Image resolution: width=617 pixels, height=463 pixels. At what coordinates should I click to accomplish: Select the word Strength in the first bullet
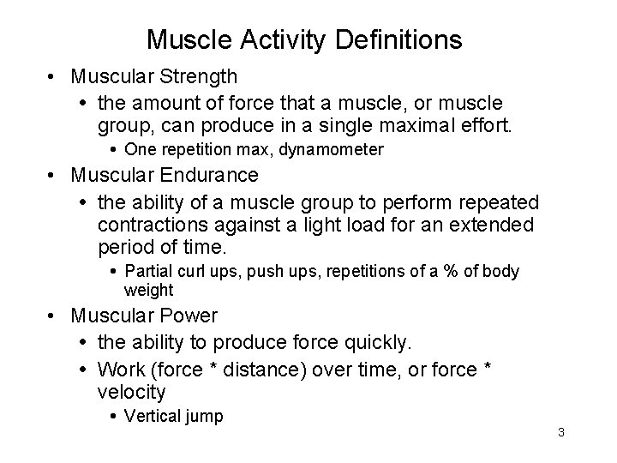(x=195, y=77)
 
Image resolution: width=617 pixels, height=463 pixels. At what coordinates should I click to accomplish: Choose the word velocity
(x=131, y=392)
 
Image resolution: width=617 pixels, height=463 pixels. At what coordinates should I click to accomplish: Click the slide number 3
(x=560, y=432)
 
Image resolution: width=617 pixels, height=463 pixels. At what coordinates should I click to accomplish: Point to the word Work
(x=118, y=370)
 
